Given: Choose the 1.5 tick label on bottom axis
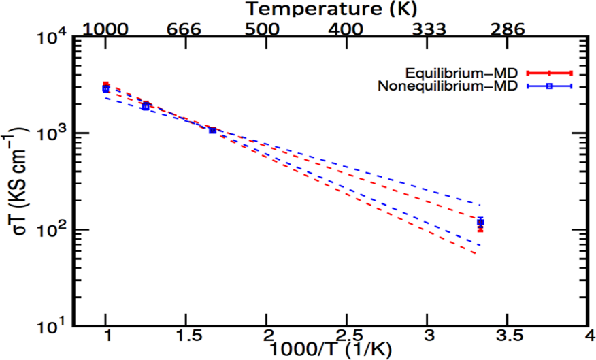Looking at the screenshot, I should point(186,338).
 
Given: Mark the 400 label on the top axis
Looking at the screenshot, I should point(347,29).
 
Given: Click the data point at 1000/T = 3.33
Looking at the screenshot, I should point(480,223).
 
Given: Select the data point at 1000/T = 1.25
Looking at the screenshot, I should point(146,105).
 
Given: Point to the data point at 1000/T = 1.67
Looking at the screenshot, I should point(213,130).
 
